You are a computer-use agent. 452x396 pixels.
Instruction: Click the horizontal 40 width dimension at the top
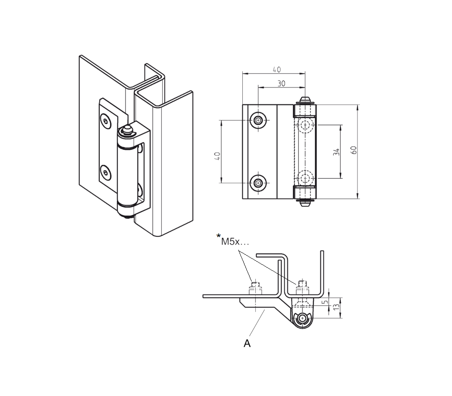click(277, 70)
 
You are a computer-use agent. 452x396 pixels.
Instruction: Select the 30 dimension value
click(281, 83)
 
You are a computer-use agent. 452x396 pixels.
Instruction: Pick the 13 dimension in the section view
click(335, 307)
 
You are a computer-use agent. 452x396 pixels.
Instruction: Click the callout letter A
click(247, 344)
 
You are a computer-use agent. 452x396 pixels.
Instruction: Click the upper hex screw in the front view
click(258, 120)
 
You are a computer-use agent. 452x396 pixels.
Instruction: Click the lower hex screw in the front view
click(258, 183)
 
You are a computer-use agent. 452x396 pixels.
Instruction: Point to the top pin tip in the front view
click(305, 99)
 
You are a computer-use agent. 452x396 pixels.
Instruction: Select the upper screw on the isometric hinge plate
click(106, 121)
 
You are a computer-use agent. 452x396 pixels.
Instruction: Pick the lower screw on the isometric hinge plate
click(106, 172)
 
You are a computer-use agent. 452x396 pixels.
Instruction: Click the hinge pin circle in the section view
click(302, 319)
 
